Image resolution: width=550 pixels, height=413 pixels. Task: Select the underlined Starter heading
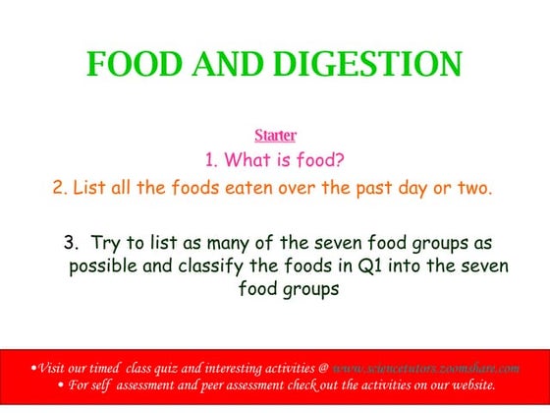[x=275, y=135]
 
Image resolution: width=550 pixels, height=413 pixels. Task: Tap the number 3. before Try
[x=71, y=242]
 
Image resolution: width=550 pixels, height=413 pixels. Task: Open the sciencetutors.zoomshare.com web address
[x=425, y=367]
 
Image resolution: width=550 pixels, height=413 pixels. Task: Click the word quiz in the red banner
[x=166, y=367]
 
